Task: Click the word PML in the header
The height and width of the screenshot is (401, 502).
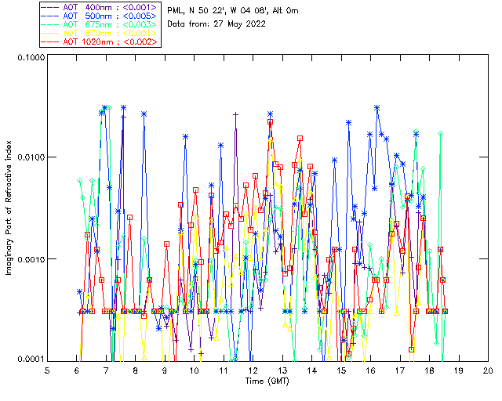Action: [177, 10]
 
